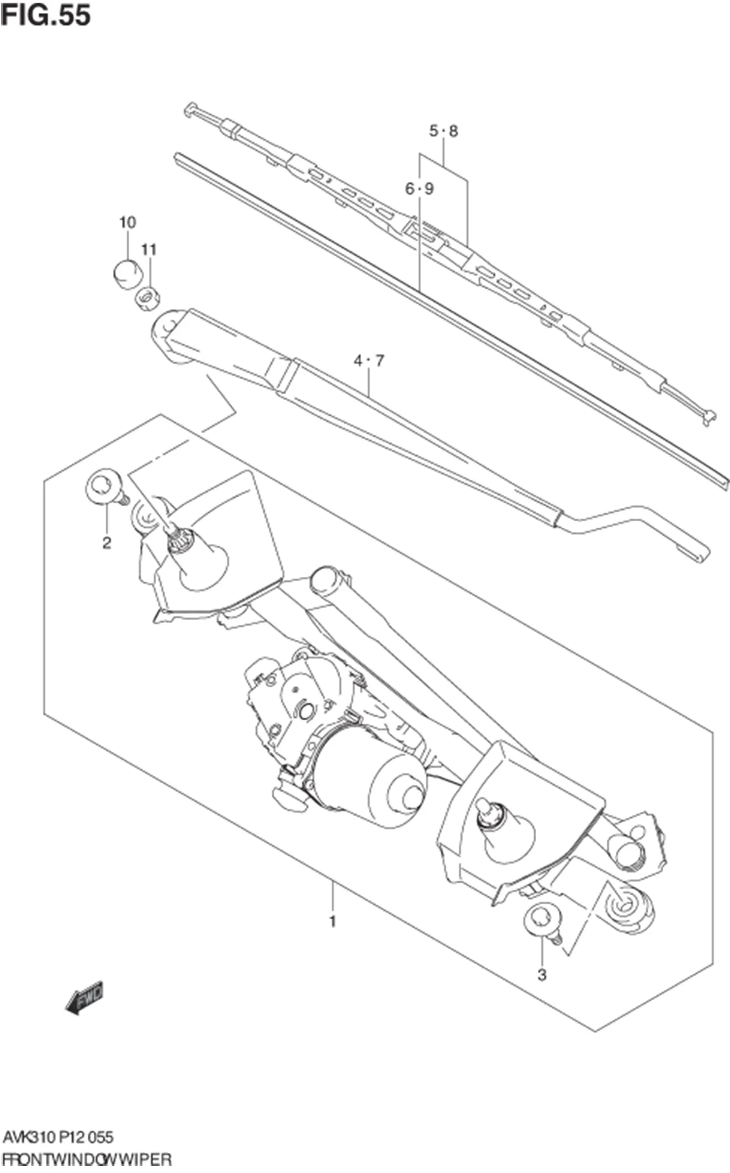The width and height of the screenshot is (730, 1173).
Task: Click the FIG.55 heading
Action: pyautogui.click(x=45, y=15)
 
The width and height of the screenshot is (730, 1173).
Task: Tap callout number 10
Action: pyautogui.click(x=128, y=222)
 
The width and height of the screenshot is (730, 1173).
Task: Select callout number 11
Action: pyautogui.click(x=149, y=249)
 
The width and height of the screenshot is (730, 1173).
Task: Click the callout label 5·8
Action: pyautogui.click(x=444, y=131)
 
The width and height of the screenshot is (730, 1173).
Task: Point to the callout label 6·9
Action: pyautogui.click(x=419, y=189)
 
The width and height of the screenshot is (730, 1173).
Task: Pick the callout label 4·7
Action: pyautogui.click(x=369, y=361)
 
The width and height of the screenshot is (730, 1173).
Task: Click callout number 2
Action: pyautogui.click(x=107, y=543)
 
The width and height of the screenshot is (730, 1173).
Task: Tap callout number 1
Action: pyautogui.click(x=333, y=921)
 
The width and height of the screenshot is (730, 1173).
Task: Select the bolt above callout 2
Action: pyautogui.click(x=103, y=487)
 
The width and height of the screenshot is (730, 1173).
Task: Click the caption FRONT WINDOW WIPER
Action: pyautogui.click(x=86, y=1158)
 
